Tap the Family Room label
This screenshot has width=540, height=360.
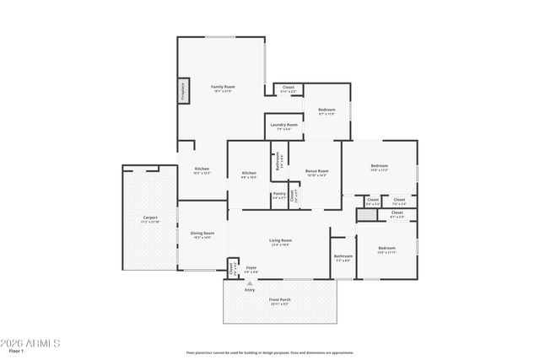[x=223, y=88]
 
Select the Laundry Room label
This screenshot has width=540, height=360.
[x=284, y=126]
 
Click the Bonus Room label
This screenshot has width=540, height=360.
[x=316, y=172]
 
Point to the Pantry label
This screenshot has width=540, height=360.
[x=278, y=195]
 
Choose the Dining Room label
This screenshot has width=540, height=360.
[x=202, y=234]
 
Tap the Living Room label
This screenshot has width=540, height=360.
[x=280, y=242]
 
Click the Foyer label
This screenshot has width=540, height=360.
[x=251, y=269]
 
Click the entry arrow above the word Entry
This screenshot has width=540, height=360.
[x=250, y=282]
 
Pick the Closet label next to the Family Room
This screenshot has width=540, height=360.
[x=288, y=88]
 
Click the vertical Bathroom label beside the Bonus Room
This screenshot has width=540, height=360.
[x=278, y=160]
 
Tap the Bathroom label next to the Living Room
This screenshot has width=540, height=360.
[x=343, y=257]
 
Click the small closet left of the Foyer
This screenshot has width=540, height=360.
[x=232, y=268]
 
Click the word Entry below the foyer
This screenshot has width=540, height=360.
[x=250, y=290]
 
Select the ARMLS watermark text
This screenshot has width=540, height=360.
[x=31, y=344]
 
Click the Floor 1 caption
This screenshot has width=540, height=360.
[x=16, y=352]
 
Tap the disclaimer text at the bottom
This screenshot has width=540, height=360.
[x=270, y=353]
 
